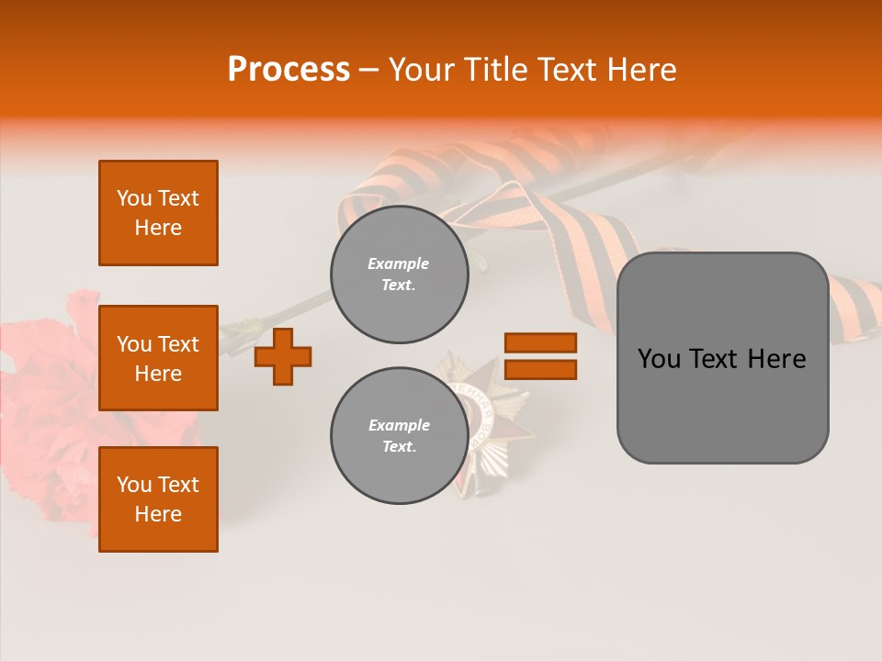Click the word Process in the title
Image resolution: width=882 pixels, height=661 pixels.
point(288,69)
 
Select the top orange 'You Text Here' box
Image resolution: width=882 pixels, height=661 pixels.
point(158,213)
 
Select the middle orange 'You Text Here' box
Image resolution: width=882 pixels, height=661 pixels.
point(158,358)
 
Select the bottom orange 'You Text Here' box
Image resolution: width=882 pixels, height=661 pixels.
point(158,499)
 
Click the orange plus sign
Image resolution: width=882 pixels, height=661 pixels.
point(283,356)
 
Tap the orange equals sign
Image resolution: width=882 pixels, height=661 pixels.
point(540,356)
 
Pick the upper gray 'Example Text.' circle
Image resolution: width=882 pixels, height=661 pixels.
point(400,274)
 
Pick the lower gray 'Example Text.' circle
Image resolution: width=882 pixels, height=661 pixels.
point(400,436)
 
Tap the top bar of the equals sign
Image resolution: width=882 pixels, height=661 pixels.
point(540,342)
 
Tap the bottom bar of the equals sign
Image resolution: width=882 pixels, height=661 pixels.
point(540,369)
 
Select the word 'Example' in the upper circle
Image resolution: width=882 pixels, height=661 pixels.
point(399,263)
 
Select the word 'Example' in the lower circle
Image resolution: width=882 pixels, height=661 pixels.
point(399,425)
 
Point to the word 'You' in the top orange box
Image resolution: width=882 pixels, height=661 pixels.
point(134,198)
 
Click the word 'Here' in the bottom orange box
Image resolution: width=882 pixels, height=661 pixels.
point(158,514)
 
